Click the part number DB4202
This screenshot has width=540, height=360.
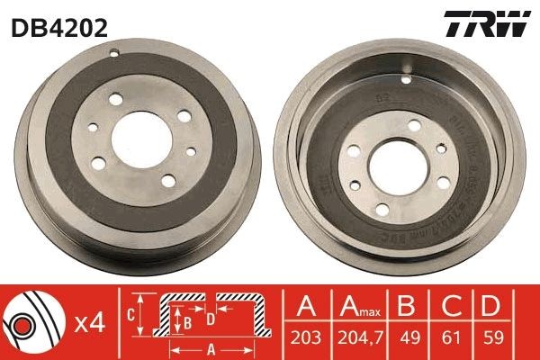60,27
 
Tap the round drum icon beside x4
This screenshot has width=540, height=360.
32,323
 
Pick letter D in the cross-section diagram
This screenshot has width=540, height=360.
210,318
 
